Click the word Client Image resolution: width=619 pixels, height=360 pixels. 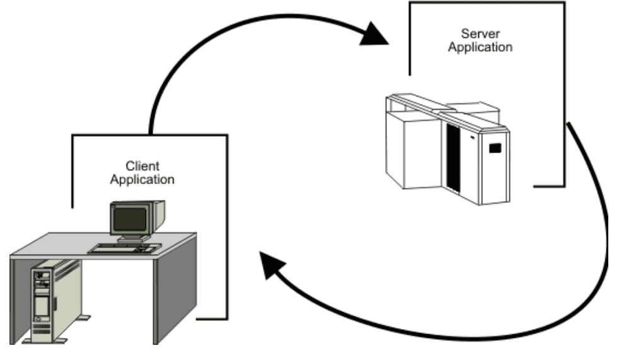click(142, 166)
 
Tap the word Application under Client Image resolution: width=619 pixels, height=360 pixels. click(142, 179)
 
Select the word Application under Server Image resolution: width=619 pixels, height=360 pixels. click(479, 47)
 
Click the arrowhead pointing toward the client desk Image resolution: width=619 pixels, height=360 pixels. click(272, 265)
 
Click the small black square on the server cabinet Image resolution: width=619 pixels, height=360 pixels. click(495, 149)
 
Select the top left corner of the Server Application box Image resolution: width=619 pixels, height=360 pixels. click(410, 3)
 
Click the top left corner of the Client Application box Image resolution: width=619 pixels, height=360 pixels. click(73, 135)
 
